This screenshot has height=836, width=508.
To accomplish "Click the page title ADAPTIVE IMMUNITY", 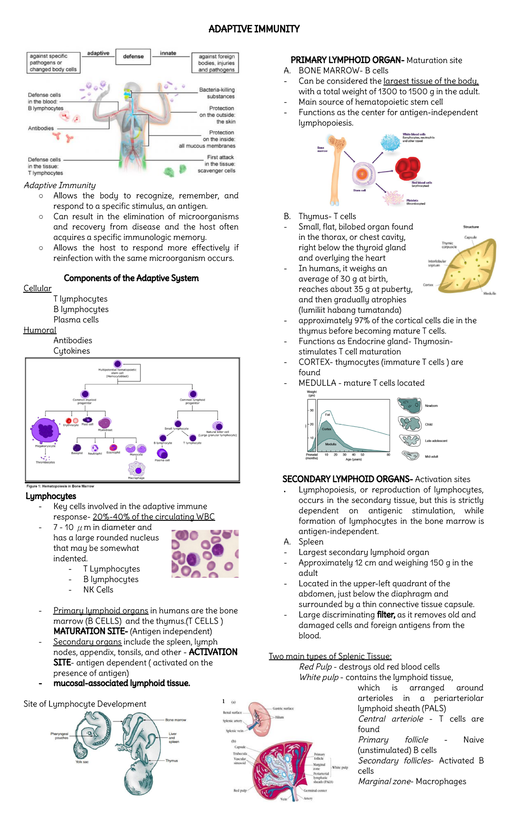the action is [254, 29].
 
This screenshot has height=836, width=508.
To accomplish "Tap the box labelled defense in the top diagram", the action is [133, 56].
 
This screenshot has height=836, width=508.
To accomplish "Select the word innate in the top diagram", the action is [168, 53].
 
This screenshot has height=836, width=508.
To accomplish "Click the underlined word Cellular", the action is [37, 289].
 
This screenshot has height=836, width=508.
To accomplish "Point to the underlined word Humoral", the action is [40, 330].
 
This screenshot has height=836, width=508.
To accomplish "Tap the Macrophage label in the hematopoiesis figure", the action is [136, 478].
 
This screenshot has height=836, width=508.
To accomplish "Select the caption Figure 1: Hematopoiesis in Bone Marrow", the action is [60, 486].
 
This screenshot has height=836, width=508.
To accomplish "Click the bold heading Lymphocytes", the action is [51, 496].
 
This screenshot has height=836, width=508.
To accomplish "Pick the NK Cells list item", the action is [98, 590].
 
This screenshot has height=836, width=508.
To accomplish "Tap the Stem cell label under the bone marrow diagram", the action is [359, 190].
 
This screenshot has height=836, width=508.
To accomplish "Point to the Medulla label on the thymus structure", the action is [489, 293].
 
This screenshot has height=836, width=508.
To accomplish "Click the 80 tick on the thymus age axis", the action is [389, 455].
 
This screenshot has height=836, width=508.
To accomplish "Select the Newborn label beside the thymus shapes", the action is [431, 406].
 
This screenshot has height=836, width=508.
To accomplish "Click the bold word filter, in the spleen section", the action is [386, 615].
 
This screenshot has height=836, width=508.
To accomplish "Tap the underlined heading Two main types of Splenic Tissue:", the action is [330, 657].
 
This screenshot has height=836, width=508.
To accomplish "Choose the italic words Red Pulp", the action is [315, 667].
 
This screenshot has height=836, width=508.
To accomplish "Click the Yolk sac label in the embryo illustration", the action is [82, 762].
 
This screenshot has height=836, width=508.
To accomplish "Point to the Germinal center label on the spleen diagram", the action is [315, 790].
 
